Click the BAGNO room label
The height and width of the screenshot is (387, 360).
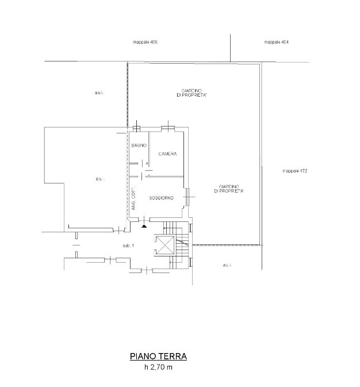point(139,145)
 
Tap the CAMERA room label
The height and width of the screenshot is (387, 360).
point(167,154)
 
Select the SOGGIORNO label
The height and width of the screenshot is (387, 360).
point(162,198)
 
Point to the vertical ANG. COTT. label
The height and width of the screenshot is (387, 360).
point(133,198)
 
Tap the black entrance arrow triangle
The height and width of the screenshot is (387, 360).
point(144,226)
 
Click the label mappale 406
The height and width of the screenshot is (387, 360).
point(145,42)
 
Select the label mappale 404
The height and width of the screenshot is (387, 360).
point(276,42)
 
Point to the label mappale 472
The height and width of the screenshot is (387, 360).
point(295,171)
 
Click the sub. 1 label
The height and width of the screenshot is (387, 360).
point(128,246)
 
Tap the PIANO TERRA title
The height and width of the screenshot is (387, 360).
point(158,357)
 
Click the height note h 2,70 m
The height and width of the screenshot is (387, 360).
point(158,367)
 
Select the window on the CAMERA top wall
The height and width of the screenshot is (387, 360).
point(168,128)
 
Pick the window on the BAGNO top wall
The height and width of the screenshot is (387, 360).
point(136,128)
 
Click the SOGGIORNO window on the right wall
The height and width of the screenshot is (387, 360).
point(187,197)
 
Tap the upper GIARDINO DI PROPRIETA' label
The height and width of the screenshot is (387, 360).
point(192,93)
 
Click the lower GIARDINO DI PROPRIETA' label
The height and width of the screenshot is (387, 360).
point(229,189)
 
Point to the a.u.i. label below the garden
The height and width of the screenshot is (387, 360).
point(227,265)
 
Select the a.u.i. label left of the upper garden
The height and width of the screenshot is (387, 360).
point(99,93)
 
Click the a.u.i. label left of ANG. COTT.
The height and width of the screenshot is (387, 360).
point(100,179)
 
